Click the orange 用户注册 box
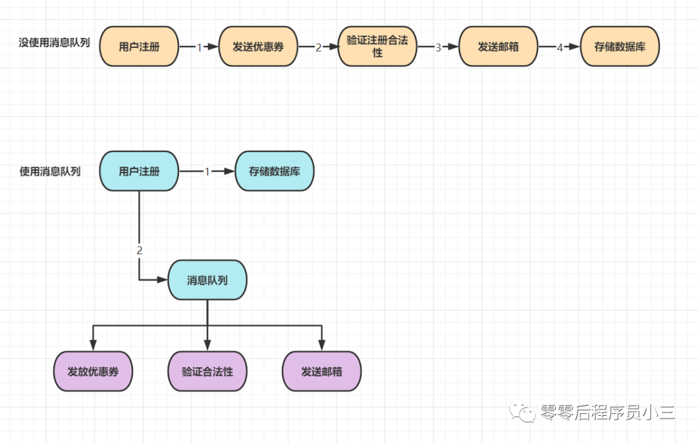point(139,47)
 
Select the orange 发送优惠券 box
point(258,47)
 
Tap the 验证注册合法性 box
point(377,47)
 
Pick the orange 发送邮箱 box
point(498,47)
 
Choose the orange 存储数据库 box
point(620,47)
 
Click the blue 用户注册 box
point(139,171)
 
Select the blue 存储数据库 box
point(274,171)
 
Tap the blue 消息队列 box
point(207,280)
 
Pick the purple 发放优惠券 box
point(93,371)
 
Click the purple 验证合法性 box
point(207,371)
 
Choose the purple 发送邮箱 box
point(322,371)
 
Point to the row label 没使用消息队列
point(54,42)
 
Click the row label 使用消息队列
point(50,171)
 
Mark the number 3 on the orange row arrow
point(438,47)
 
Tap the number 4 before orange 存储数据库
point(560,47)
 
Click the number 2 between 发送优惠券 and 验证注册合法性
point(318,47)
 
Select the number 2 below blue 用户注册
point(140,250)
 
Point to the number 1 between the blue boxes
point(207,171)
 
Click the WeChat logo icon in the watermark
point(523,412)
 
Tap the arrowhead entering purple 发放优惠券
point(93,345)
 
